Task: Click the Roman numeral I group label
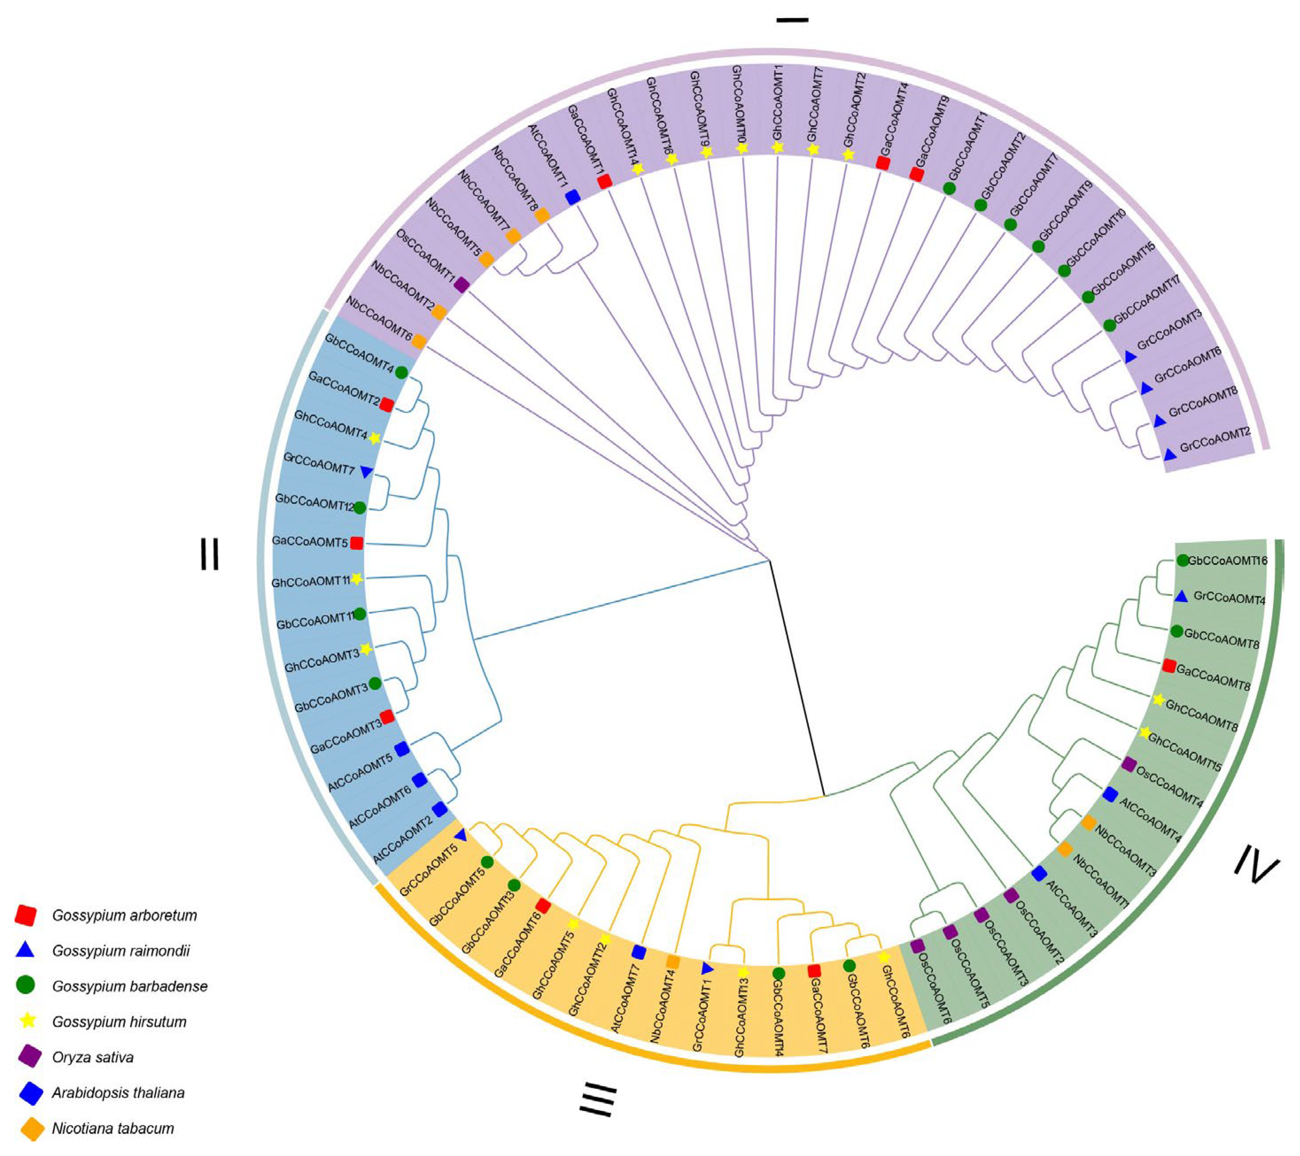click(792, 20)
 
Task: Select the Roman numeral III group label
click(598, 1099)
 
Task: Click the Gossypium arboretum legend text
click(124, 916)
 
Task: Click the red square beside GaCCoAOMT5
click(357, 543)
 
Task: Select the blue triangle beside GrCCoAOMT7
click(366, 472)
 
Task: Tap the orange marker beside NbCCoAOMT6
click(419, 341)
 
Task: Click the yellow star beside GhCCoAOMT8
click(1159, 700)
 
